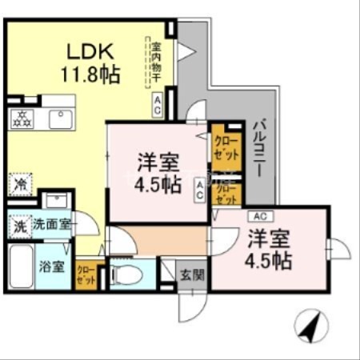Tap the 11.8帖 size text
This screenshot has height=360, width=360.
(90, 75)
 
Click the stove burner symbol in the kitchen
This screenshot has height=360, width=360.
(22, 120)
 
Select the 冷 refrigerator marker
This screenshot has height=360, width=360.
(19, 184)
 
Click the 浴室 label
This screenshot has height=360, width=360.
(53, 266)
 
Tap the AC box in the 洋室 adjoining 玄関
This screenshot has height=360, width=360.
(259, 216)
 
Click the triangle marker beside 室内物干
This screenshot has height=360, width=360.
(184, 51)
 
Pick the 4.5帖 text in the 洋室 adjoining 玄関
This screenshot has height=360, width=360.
(269, 261)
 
